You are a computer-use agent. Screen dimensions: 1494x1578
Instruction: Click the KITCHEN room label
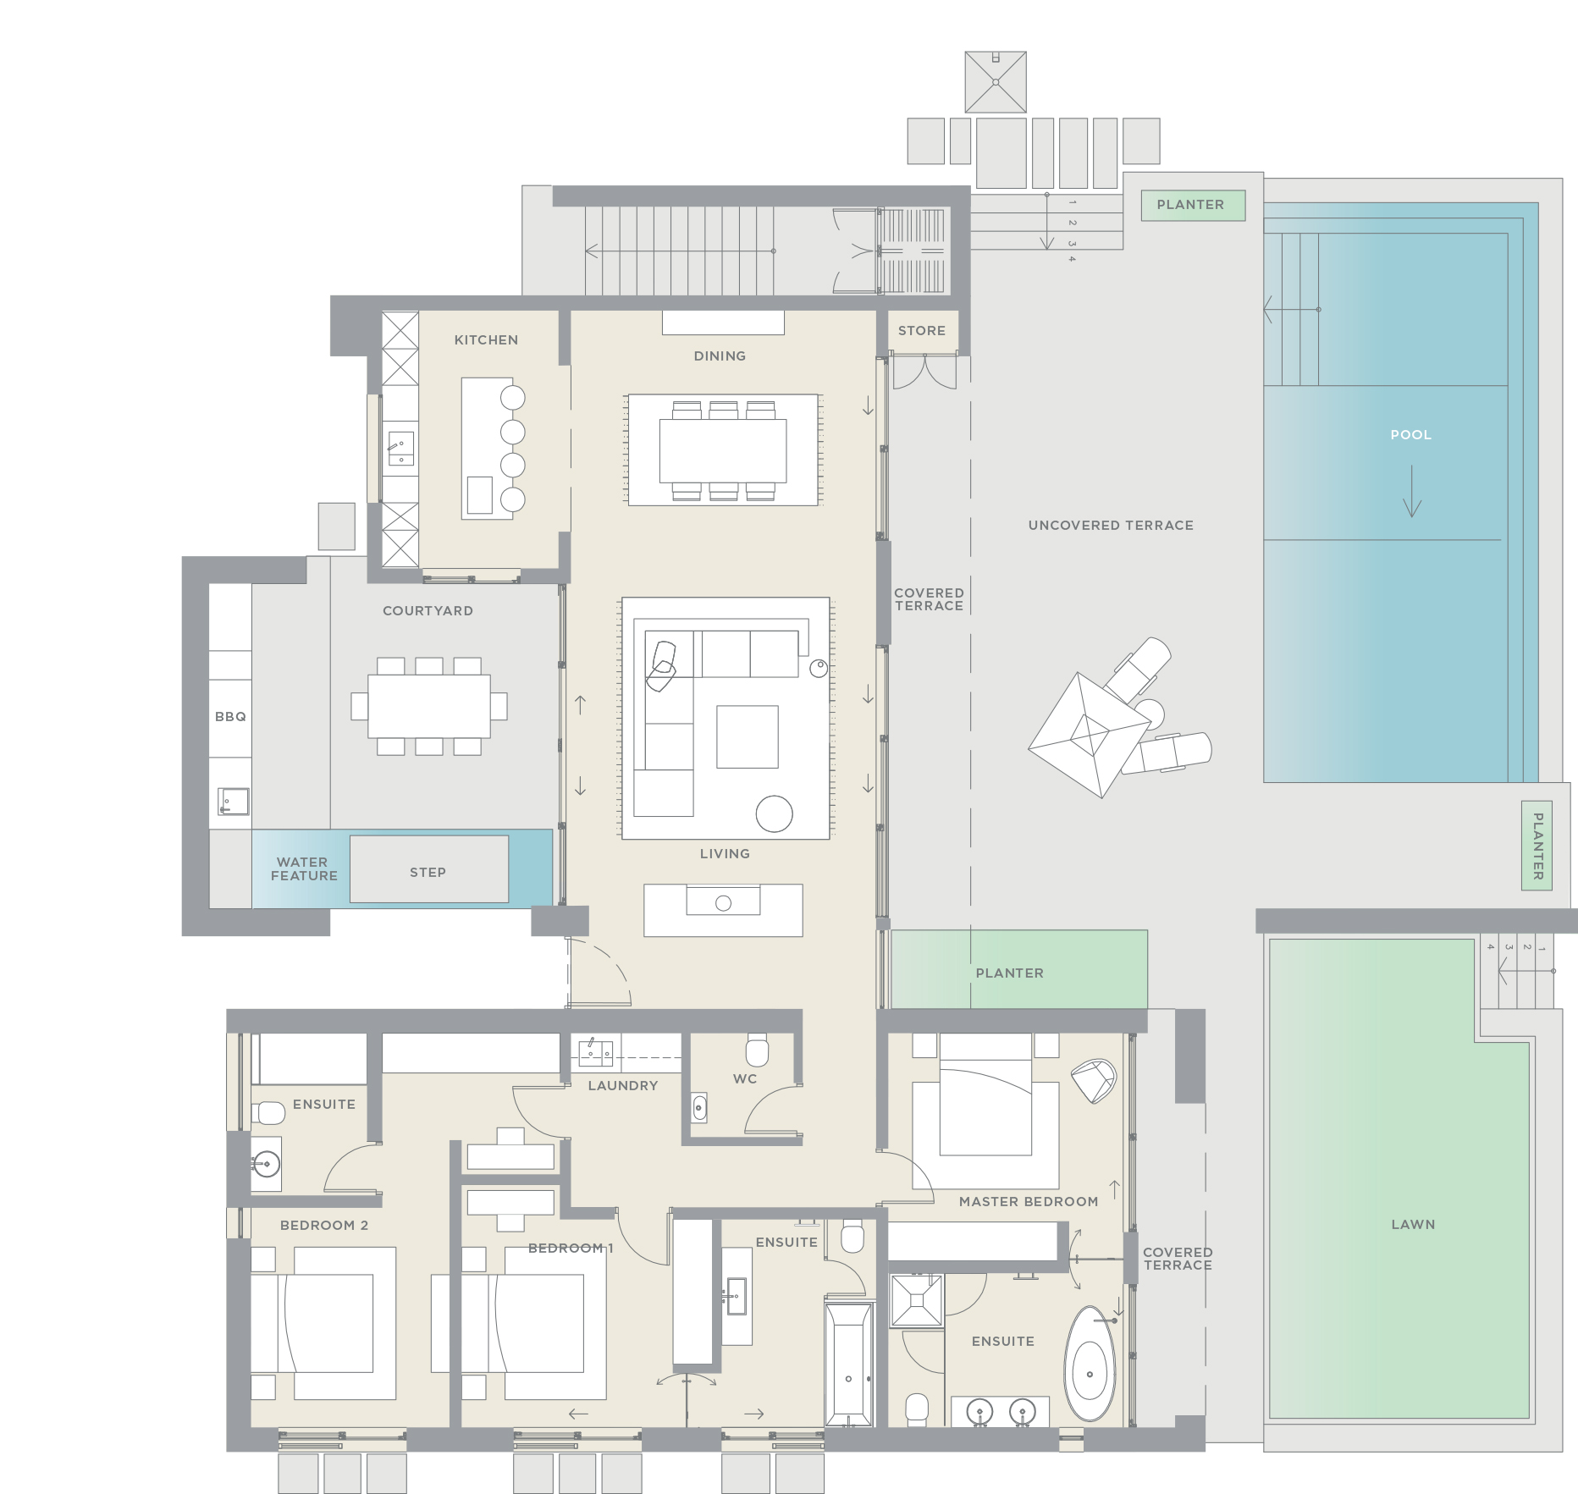point(486,339)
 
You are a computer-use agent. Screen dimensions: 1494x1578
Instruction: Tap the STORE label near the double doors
point(921,331)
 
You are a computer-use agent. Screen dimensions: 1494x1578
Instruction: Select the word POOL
point(1410,435)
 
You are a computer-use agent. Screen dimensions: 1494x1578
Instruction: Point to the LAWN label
point(1412,1224)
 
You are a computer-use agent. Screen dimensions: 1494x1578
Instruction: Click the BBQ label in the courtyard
point(230,717)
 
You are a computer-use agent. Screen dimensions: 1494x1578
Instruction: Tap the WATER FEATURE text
point(303,869)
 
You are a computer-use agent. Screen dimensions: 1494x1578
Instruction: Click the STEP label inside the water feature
point(428,872)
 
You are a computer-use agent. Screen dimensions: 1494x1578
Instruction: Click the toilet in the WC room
point(757,1050)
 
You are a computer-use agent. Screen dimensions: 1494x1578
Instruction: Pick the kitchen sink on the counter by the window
point(400,448)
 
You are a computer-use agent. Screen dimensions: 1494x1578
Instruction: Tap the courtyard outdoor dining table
point(428,706)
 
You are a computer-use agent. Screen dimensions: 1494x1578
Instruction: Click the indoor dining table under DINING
point(723,450)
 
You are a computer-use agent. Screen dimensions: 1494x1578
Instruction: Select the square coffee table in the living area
point(747,736)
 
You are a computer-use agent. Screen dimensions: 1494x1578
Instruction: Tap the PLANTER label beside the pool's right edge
point(1537,846)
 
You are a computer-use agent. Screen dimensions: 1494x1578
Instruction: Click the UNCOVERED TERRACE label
point(1110,526)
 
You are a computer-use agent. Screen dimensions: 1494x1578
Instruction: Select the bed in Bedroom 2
point(325,1324)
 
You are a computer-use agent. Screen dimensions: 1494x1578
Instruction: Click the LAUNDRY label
point(622,1085)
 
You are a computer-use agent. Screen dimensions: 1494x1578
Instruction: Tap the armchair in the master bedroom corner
point(1094,1081)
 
